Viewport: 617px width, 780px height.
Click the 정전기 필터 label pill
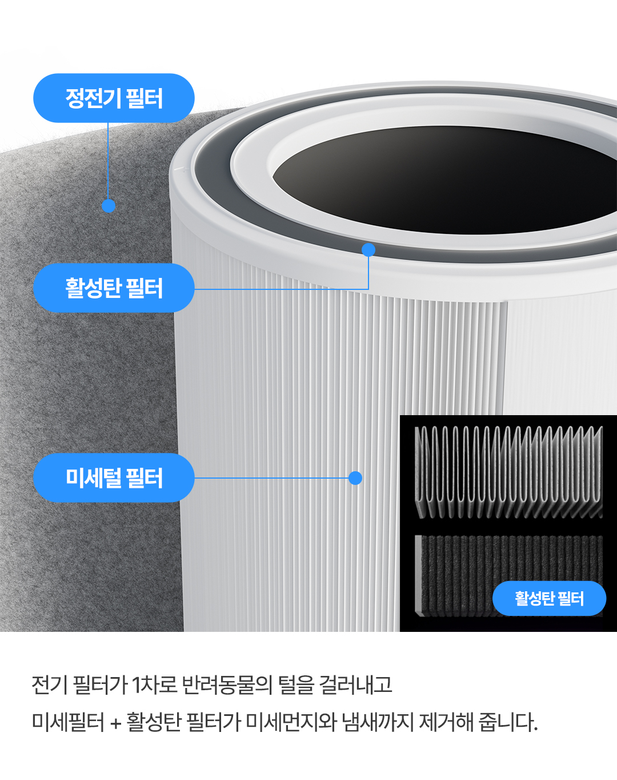pos(114,98)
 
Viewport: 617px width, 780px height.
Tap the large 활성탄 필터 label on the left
pos(114,288)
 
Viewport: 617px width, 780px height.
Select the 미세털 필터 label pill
pos(114,477)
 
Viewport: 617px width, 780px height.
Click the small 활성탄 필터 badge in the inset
pos(549,598)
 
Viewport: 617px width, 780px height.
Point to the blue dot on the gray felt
pos(109,206)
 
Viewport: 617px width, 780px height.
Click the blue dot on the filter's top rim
pos(368,250)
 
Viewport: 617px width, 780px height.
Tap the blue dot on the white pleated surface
pos(355,478)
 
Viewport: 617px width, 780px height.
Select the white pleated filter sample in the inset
pos(508,472)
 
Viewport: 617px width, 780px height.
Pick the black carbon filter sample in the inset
pos(457,575)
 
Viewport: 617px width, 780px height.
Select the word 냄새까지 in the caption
pos(377,722)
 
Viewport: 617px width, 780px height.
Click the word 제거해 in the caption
pos(446,722)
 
